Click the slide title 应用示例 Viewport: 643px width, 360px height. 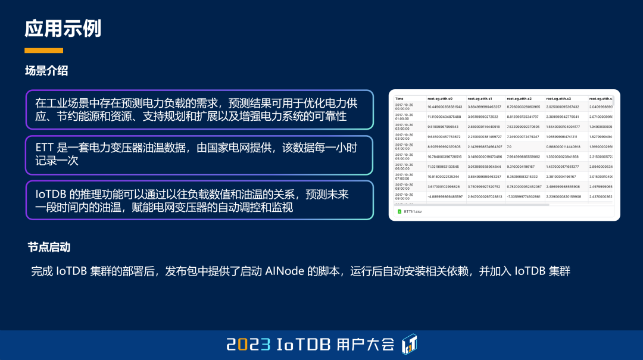click(63, 29)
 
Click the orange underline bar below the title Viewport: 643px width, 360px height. click(43, 51)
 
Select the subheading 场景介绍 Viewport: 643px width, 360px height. click(46, 71)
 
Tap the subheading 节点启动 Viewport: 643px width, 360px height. click(49, 246)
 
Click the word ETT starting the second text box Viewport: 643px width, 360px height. click(44, 147)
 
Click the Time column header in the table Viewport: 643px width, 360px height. click(399, 98)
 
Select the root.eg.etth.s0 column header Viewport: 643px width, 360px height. click(440, 98)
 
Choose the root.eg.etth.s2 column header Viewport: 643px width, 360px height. click(519, 98)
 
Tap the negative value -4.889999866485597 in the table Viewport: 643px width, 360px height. click(445, 196)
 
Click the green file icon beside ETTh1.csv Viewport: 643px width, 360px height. click(400, 211)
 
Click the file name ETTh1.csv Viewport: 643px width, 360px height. click(413, 211)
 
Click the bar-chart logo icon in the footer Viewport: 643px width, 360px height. click(410, 343)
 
